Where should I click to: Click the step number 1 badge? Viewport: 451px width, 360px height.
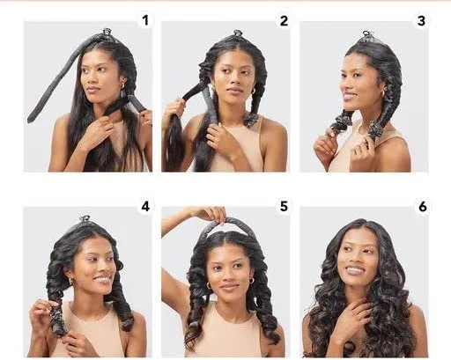(145, 20)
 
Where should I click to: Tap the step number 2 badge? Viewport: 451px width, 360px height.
(284, 21)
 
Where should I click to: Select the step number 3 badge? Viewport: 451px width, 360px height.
(421, 21)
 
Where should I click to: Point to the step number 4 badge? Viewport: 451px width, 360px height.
(145, 206)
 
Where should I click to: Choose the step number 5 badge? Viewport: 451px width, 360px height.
(284, 206)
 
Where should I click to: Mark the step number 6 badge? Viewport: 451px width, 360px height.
(422, 207)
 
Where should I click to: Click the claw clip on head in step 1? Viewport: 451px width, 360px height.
(107, 32)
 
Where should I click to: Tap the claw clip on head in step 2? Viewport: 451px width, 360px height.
(238, 33)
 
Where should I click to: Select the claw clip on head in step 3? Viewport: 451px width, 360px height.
(367, 35)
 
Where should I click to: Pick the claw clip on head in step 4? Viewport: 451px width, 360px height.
(85, 219)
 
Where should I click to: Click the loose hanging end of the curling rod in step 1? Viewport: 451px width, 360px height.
(30, 119)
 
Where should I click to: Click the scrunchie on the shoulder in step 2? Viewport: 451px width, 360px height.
(252, 120)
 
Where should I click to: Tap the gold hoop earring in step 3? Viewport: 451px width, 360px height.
(383, 93)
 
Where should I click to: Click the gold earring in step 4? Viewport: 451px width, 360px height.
(70, 282)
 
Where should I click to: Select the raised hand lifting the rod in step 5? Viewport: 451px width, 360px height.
(211, 214)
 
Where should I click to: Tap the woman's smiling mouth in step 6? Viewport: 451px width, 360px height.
(354, 269)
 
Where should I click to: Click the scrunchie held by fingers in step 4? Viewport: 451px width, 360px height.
(55, 316)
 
